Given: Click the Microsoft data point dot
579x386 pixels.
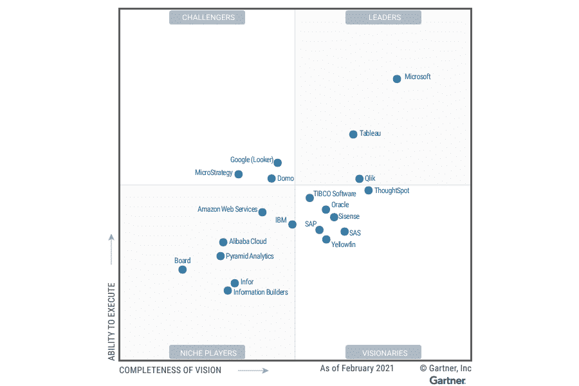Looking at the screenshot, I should [397, 78].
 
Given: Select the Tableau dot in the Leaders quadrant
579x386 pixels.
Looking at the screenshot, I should [353, 134].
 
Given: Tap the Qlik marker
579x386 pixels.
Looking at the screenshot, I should [359, 179].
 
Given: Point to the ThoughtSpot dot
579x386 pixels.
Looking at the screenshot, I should [369, 190].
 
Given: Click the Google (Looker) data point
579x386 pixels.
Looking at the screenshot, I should [277, 163].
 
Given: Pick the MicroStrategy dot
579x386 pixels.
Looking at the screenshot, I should [239, 174].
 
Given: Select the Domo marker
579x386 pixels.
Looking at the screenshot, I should [271, 179].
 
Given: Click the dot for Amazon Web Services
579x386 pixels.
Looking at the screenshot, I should [262, 212].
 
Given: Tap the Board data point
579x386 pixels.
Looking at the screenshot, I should [183, 270].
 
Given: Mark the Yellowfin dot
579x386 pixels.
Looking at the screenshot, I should [326, 239].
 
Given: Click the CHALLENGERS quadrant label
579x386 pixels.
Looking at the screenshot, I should [207, 17].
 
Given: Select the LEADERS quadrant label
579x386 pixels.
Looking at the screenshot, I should [384, 17].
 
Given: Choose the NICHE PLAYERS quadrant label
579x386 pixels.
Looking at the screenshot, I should [207, 353].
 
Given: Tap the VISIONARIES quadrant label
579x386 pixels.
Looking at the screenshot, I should [384, 353].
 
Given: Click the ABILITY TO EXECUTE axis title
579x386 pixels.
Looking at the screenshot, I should [112, 321].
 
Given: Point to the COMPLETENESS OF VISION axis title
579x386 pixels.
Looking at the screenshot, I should [170, 370].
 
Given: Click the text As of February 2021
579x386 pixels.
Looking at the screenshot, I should [357, 369].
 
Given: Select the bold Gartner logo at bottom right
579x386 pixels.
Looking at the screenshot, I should [448, 380].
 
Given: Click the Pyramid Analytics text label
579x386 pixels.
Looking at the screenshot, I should [250, 256].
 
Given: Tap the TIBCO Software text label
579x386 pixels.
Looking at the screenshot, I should [335, 194].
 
